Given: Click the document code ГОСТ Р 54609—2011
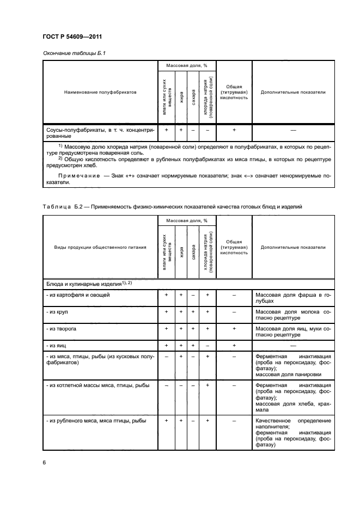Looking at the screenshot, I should click(x=72, y=37).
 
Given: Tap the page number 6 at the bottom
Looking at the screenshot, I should click(x=44, y=462).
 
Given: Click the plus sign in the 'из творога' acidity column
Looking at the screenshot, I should click(x=234, y=329).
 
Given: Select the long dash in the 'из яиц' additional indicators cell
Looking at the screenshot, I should click(x=293, y=345).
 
